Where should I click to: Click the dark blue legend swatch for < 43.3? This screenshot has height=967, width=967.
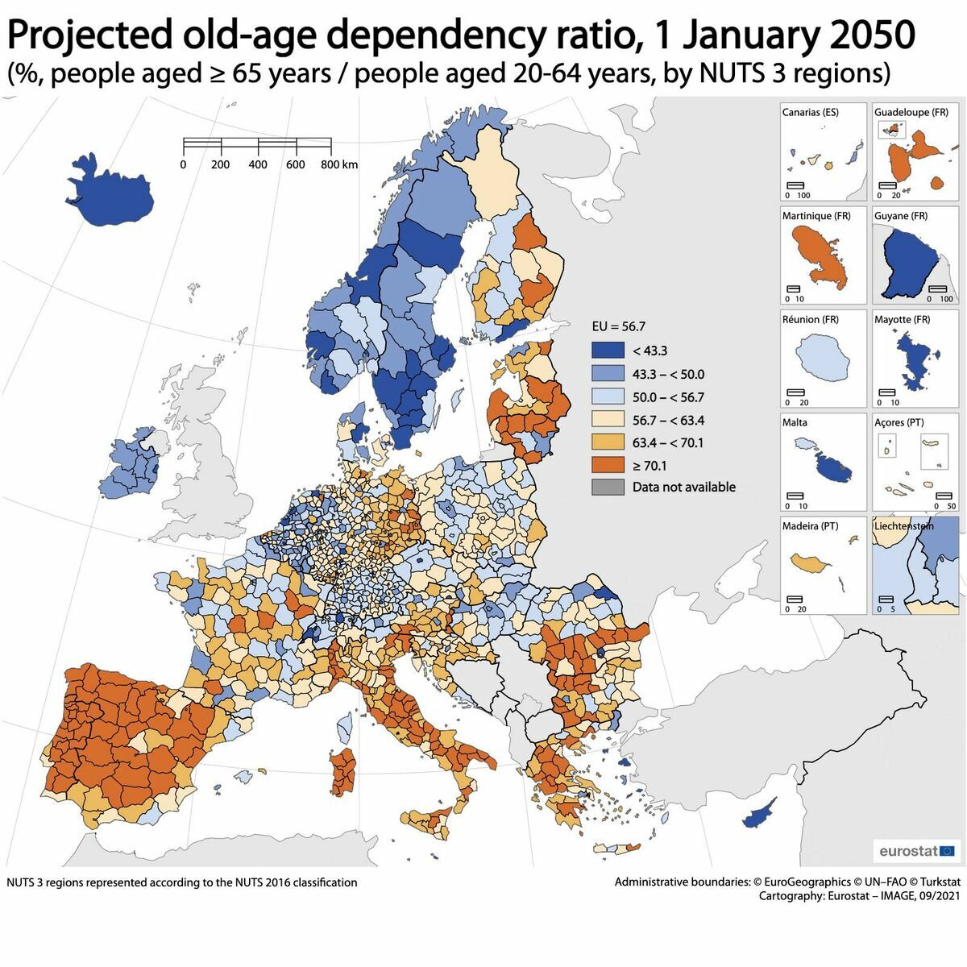[608, 351]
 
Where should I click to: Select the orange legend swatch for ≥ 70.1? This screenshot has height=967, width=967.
[608, 465]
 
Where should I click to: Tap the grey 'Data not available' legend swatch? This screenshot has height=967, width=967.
[608, 487]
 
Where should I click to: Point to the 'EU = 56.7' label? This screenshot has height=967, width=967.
[618, 326]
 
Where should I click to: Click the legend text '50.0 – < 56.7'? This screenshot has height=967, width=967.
[668, 397]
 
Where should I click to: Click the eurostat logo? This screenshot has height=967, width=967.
[916, 851]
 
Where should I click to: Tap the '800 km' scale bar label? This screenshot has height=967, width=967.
[339, 164]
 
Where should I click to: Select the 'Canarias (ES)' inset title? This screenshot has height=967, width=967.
[810, 112]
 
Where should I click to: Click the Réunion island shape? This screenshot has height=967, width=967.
[824, 359]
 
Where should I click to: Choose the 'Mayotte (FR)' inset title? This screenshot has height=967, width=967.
[902, 319]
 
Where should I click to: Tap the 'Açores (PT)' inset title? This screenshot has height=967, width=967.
[899, 422]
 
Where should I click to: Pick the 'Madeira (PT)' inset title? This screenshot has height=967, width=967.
[810, 526]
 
